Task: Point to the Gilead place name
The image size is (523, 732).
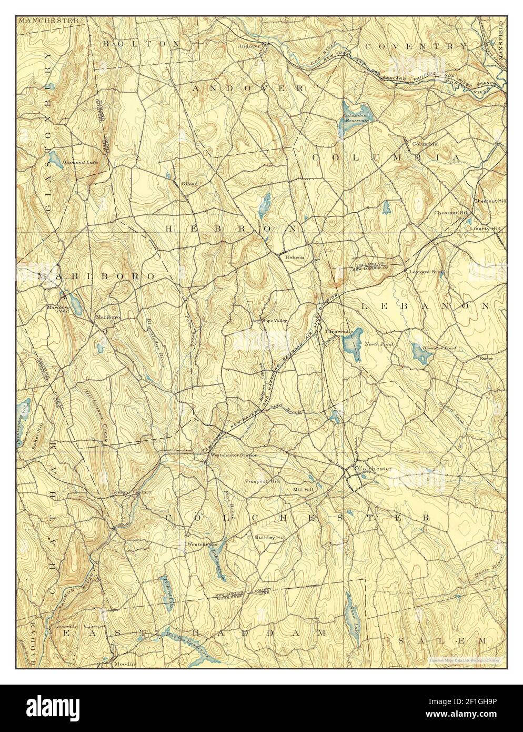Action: coord(189,184)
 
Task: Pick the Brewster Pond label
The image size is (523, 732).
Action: coord(443,348)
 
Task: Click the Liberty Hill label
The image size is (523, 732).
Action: coord(486,229)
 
